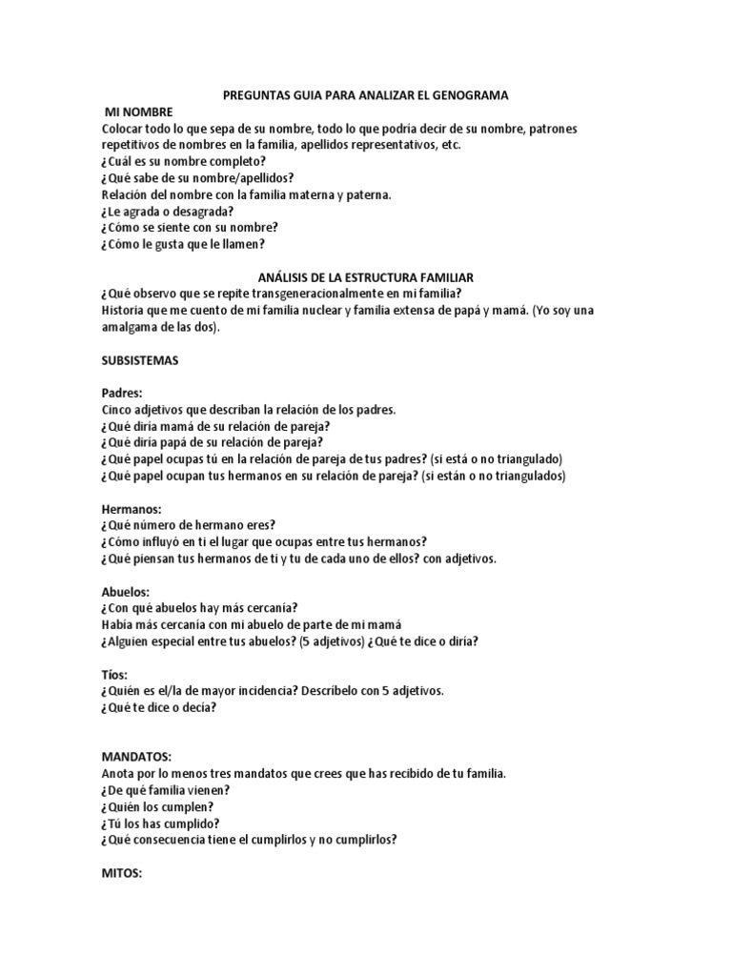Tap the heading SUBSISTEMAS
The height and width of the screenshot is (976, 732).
tap(140, 362)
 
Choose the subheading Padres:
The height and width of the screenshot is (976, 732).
tap(122, 393)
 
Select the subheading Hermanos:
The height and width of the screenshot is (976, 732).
tap(132, 509)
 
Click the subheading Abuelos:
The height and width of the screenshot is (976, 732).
tap(127, 591)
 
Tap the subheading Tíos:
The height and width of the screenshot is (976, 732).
tap(114, 674)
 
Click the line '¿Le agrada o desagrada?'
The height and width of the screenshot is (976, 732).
tap(167, 211)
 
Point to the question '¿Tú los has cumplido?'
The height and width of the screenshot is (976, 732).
tap(160, 823)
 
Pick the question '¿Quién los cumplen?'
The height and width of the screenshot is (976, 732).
tap(155, 806)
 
